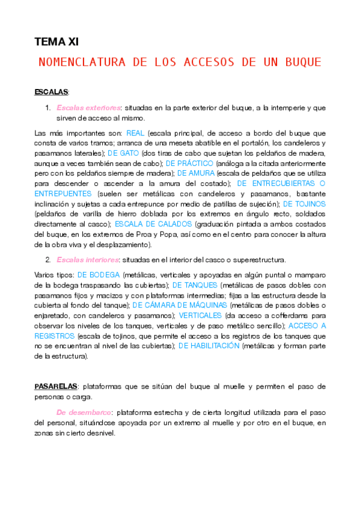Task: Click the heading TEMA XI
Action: point(56,41)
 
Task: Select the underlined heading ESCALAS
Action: point(51,92)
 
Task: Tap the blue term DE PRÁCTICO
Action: point(186,163)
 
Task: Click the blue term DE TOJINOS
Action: point(304,203)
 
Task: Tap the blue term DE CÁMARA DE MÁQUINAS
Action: point(183,306)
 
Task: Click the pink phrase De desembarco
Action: point(84,413)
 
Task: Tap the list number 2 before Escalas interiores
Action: point(47,260)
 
